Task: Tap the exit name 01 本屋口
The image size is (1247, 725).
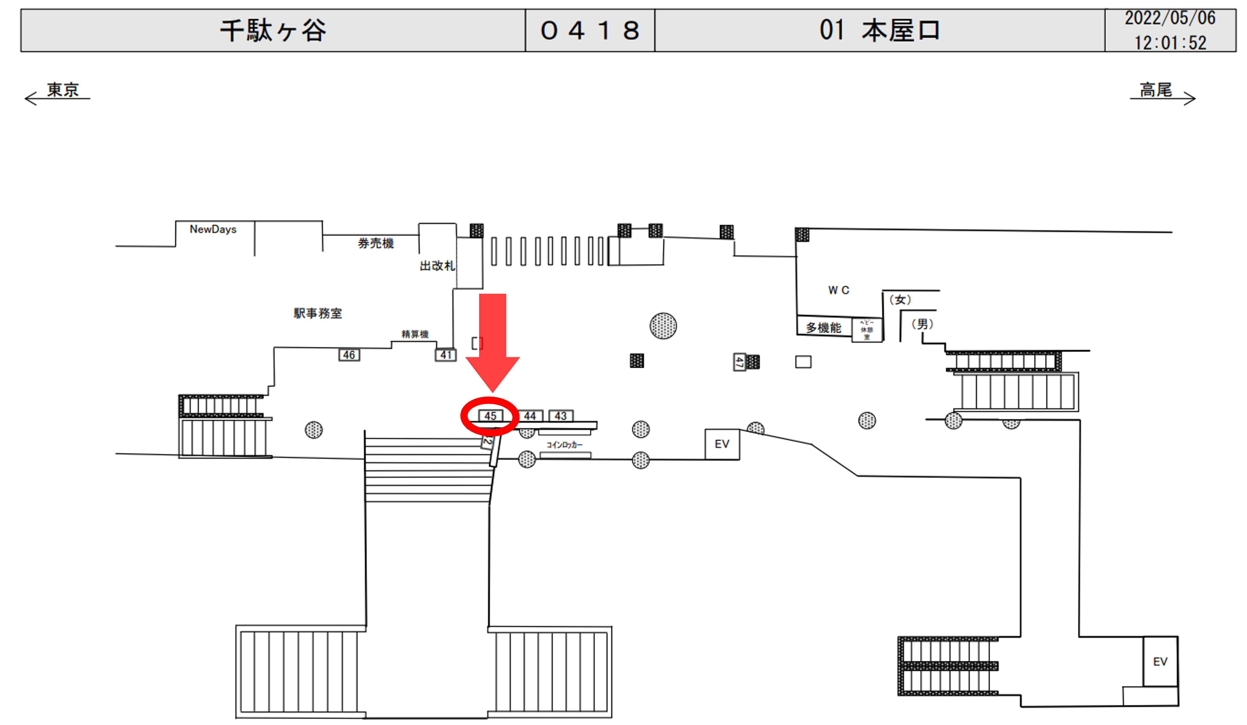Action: coord(879,31)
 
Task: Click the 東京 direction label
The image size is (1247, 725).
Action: coord(63,90)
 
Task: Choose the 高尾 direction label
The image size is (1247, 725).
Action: coord(1156,90)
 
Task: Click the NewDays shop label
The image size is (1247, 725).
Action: coord(213,230)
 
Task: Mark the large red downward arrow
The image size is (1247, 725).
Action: coord(492,342)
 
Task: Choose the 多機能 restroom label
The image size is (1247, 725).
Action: coord(824,328)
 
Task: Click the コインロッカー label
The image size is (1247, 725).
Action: coord(564,445)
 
